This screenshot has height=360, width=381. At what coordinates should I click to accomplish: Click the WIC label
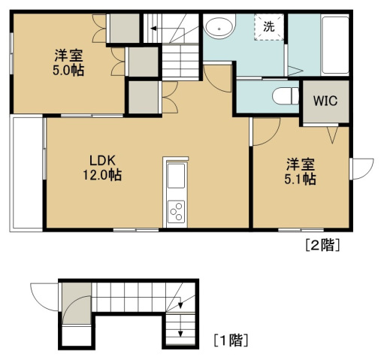pyautogui.click(x=325, y=101)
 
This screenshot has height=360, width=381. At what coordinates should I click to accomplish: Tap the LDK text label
pyautogui.click(x=103, y=161)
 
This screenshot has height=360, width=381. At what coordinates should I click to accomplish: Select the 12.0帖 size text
pyautogui.click(x=102, y=175)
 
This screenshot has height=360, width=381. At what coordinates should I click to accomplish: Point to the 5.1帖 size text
pyautogui.click(x=300, y=179)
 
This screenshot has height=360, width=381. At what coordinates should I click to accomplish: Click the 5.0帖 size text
pyautogui.click(x=68, y=70)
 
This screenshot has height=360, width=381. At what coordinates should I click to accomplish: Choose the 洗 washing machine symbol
pyautogui.click(x=269, y=27)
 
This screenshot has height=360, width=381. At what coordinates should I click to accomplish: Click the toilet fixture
pyautogui.click(x=286, y=96)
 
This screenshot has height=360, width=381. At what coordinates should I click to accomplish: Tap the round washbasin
pyautogui.click(x=219, y=28)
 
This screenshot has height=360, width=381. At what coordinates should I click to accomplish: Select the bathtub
pyautogui.click(x=335, y=45)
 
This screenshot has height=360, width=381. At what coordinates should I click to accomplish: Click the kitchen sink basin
pyautogui.click(x=176, y=176)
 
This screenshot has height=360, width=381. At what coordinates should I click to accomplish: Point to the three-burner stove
pyautogui.click(x=176, y=212)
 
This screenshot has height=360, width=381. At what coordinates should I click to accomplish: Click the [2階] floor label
pyautogui.click(x=322, y=245)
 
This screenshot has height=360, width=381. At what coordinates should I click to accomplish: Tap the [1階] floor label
pyautogui.click(x=231, y=340)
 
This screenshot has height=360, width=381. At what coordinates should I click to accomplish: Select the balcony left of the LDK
pyautogui.click(x=26, y=173)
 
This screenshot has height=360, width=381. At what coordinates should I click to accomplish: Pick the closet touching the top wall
pyautogui.click(x=125, y=29)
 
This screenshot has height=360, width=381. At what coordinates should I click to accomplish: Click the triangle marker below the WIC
pyautogui.click(x=333, y=135)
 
